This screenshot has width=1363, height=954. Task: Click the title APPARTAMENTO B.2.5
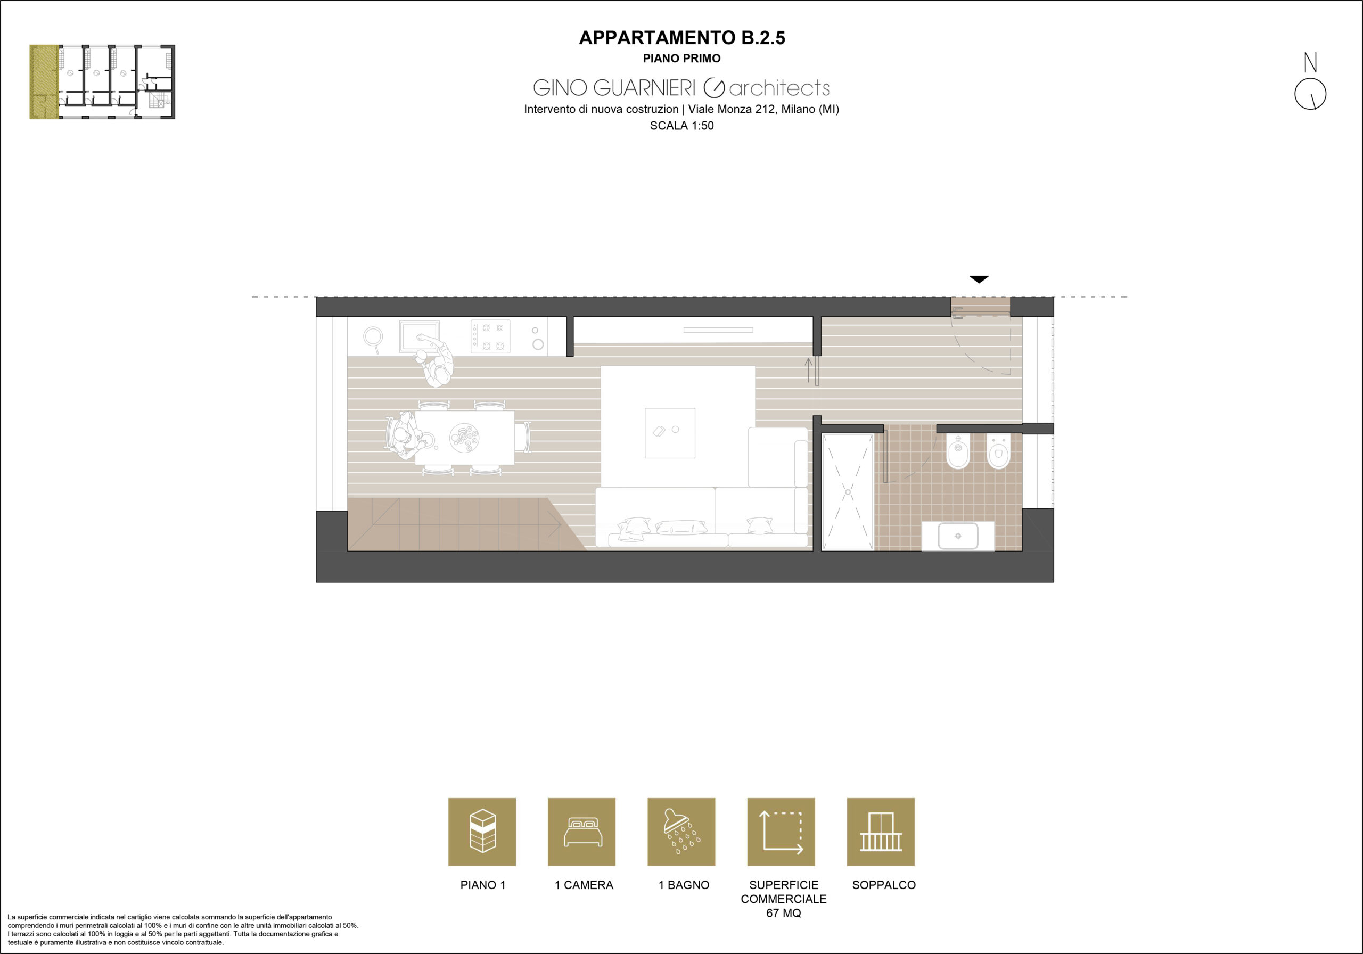pos(681,37)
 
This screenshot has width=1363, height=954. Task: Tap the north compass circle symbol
pos(1310,94)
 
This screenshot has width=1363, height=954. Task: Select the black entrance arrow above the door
pos(979,279)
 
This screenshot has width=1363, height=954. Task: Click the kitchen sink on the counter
pos(419,336)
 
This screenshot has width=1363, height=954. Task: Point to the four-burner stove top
pos(490,336)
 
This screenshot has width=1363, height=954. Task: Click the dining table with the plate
pos(464,438)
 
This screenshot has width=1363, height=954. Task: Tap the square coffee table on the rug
pos(670,433)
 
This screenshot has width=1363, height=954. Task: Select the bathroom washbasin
pos(957,536)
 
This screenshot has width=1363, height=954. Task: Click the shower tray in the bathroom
pos(848,492)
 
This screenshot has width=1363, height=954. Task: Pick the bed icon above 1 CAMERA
pos(582,832)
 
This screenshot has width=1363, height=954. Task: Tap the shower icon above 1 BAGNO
pos(681,832)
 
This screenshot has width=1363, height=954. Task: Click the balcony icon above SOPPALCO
pos(881,832)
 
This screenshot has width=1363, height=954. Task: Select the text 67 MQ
pos(784,913)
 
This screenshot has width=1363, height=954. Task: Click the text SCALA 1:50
pos(681,126)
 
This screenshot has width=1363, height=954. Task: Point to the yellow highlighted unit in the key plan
pos(45,82)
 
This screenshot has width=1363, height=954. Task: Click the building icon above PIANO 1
pos(482,832)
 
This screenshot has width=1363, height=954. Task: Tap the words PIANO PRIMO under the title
pos(681,58)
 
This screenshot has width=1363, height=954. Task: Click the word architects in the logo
pos(779,88)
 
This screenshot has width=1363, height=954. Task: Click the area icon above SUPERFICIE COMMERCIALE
pos(781,832)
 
